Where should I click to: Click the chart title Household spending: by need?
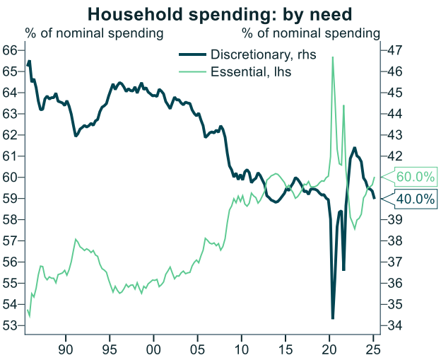pyautogui.click(x=220, y=13)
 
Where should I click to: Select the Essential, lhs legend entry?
pyautogui.click(x=251, y=71)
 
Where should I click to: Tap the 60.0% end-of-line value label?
pyautogui.click(x=416, y=177)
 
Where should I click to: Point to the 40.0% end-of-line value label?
pyautogui.click(x=415, y=199)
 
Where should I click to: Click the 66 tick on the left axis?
pyautogui.click(x=10, y=50)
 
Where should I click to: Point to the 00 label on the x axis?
pyautogui.click(x=154, y=349)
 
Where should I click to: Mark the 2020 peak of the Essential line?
pyautogui.click(x=333, y=57)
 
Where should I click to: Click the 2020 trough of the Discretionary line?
pyautogui.click(x=333, y=318)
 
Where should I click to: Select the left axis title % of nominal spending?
pyautogui.click(x=95, y=33)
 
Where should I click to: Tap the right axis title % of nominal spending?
pyautogui.click(x=311, y=33)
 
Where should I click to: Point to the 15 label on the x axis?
pyautogui.click(x=286, y=349)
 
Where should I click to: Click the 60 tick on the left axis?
pyautogui.click(x=10, y=177)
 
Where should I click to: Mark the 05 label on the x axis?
pyautogui.click(x=198, y=349)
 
